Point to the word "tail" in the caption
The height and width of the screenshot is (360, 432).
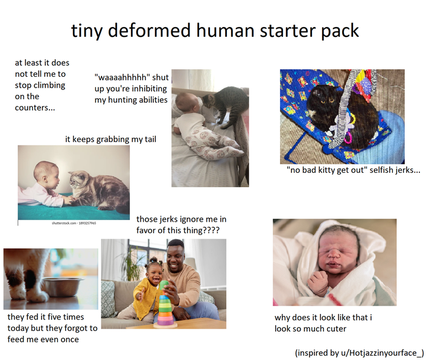148,140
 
